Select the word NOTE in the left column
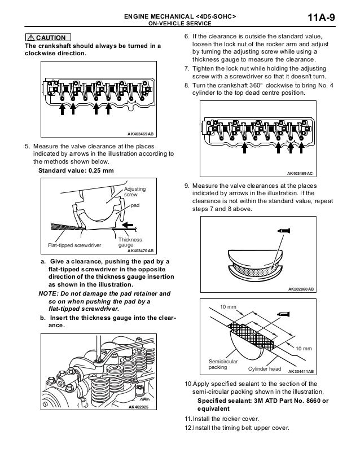(x=48, y=294)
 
